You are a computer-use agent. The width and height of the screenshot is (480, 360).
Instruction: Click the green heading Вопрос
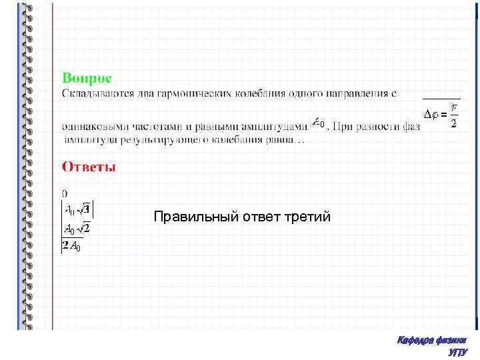(x=91, y=78)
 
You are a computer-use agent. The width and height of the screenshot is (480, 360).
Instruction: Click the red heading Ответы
(x=89, y=167)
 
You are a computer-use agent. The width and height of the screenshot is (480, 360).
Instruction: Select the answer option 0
(x=65, y=193)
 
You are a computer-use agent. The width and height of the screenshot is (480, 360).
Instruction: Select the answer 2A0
(x=71, y=247)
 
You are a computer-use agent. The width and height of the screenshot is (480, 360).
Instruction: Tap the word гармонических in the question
(x=176, y=94)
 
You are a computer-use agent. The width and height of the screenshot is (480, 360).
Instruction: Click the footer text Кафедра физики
(x=431, y=341)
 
